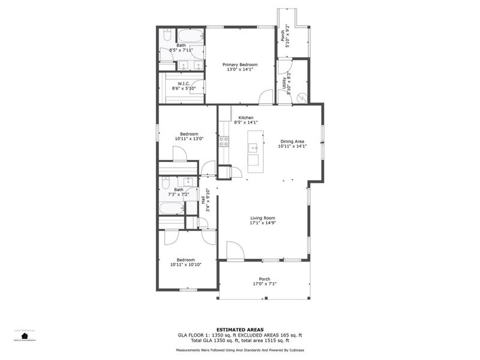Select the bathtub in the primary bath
190,35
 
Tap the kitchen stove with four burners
223,142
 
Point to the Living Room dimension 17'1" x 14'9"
262,223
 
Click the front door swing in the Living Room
235,251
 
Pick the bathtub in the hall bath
172,208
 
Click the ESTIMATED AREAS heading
239,329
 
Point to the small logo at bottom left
25,335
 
